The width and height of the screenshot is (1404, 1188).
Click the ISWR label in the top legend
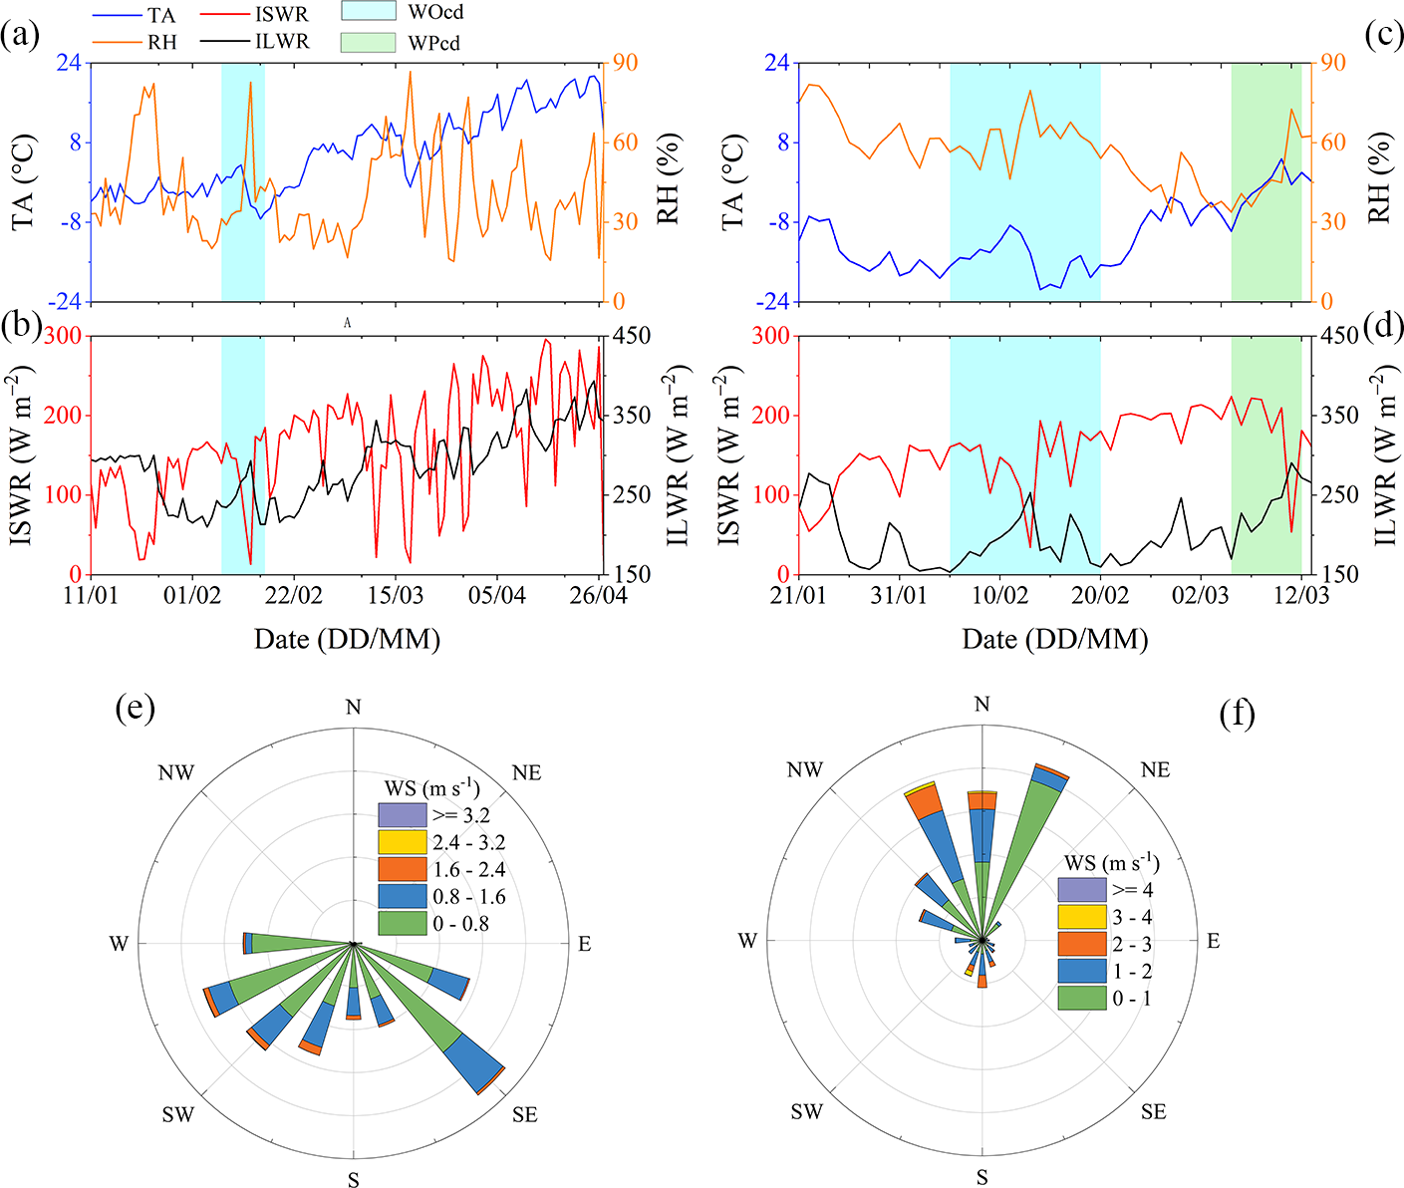pyautogui.click(x=282, y=15)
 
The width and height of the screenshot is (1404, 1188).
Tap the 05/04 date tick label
pyautogui.click(x=497, y=595)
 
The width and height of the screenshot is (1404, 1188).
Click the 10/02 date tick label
pyautogui.click(x=999, y=595)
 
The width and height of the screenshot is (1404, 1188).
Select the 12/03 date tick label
pyautogui.click(x=1300, y=595)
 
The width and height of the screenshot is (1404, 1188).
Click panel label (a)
pyautogui.click(x=21, y=37)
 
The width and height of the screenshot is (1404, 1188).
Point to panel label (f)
pyautogui.click(x=1237, y=714)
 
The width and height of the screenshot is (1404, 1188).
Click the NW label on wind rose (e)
pyautogui.click(x=176, y=772)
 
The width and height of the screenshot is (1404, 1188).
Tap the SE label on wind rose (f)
pyautogui.click(x=1153, y=1111)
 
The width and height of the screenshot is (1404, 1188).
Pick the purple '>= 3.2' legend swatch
pyautogui.click(x=403, y=815)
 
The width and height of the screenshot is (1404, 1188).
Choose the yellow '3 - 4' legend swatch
pyautogui.click(x=1082, y=917)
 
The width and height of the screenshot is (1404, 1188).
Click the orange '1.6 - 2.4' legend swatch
pyautogui.click(x=403, y=869)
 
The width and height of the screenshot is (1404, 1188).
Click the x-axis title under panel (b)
pyautogui.click(x=347, y=639)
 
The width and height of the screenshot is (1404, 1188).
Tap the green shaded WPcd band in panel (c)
pyautogui.click(x=1265, y=179)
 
